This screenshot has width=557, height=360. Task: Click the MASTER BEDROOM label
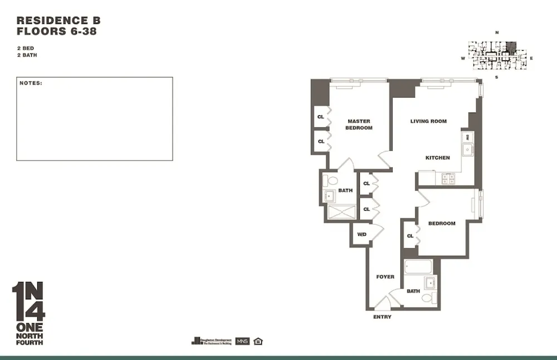[359, 124]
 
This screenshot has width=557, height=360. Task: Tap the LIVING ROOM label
[428, 121]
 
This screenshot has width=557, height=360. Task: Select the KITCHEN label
[437, 158]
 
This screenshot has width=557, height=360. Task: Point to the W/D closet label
[361, 234]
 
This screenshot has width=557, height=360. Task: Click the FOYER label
[385, 277]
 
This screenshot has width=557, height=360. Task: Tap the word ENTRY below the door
[382, 317]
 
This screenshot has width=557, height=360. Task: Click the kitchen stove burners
[448, 178]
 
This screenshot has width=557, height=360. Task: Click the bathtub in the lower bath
[418, 267]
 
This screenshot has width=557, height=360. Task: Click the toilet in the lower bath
[428, 298]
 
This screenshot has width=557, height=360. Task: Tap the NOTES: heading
[31, 83]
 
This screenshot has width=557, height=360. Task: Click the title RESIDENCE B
[58, 21]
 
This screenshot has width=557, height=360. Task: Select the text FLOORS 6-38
[56, 32]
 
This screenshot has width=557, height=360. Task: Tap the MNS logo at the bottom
[242, 341]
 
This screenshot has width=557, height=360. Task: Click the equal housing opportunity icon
[257, 341]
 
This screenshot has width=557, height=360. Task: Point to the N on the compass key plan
[496, 33]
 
